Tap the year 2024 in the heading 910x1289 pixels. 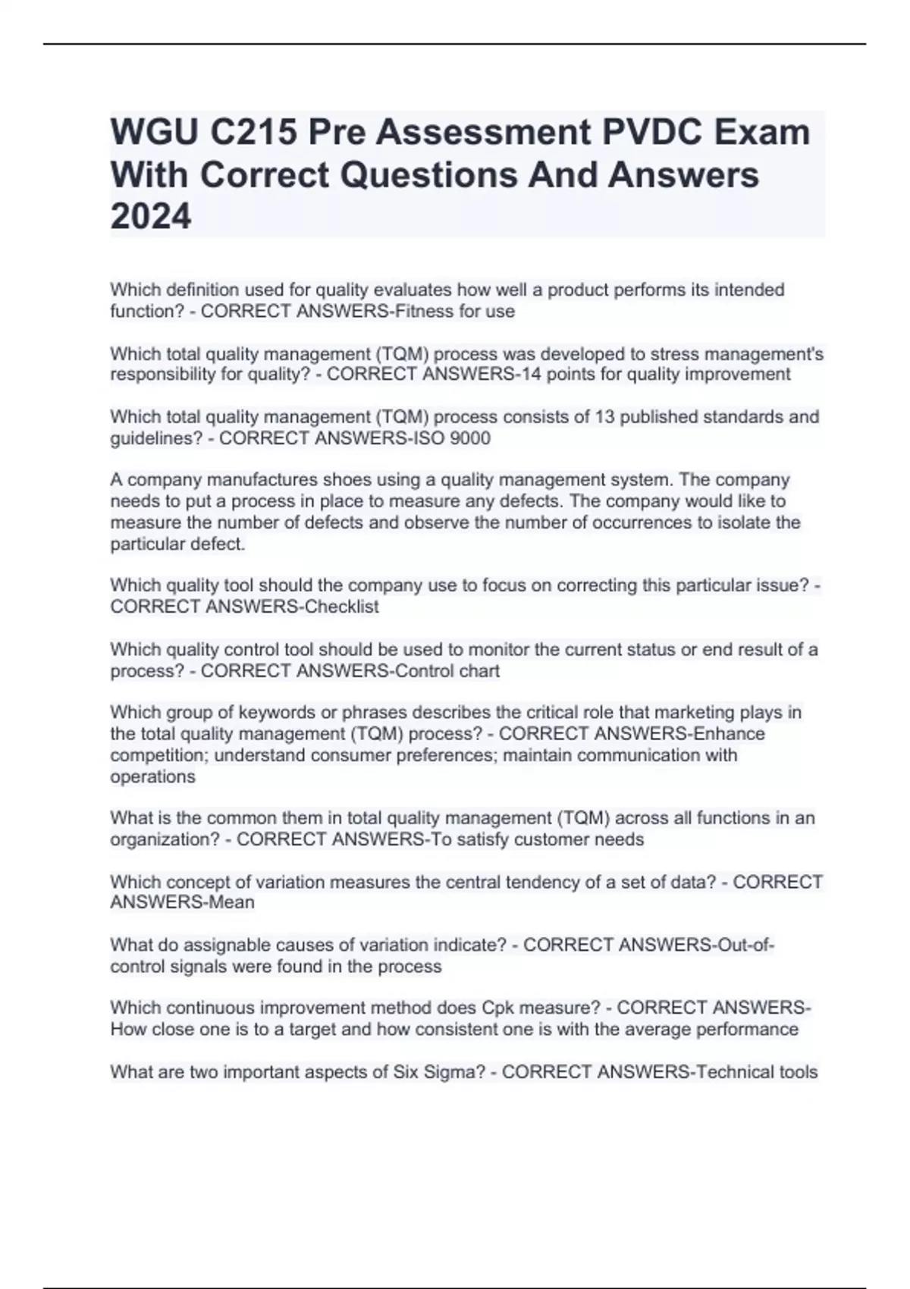151,217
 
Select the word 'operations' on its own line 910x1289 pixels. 152,776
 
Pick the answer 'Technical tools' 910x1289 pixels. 757,1071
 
